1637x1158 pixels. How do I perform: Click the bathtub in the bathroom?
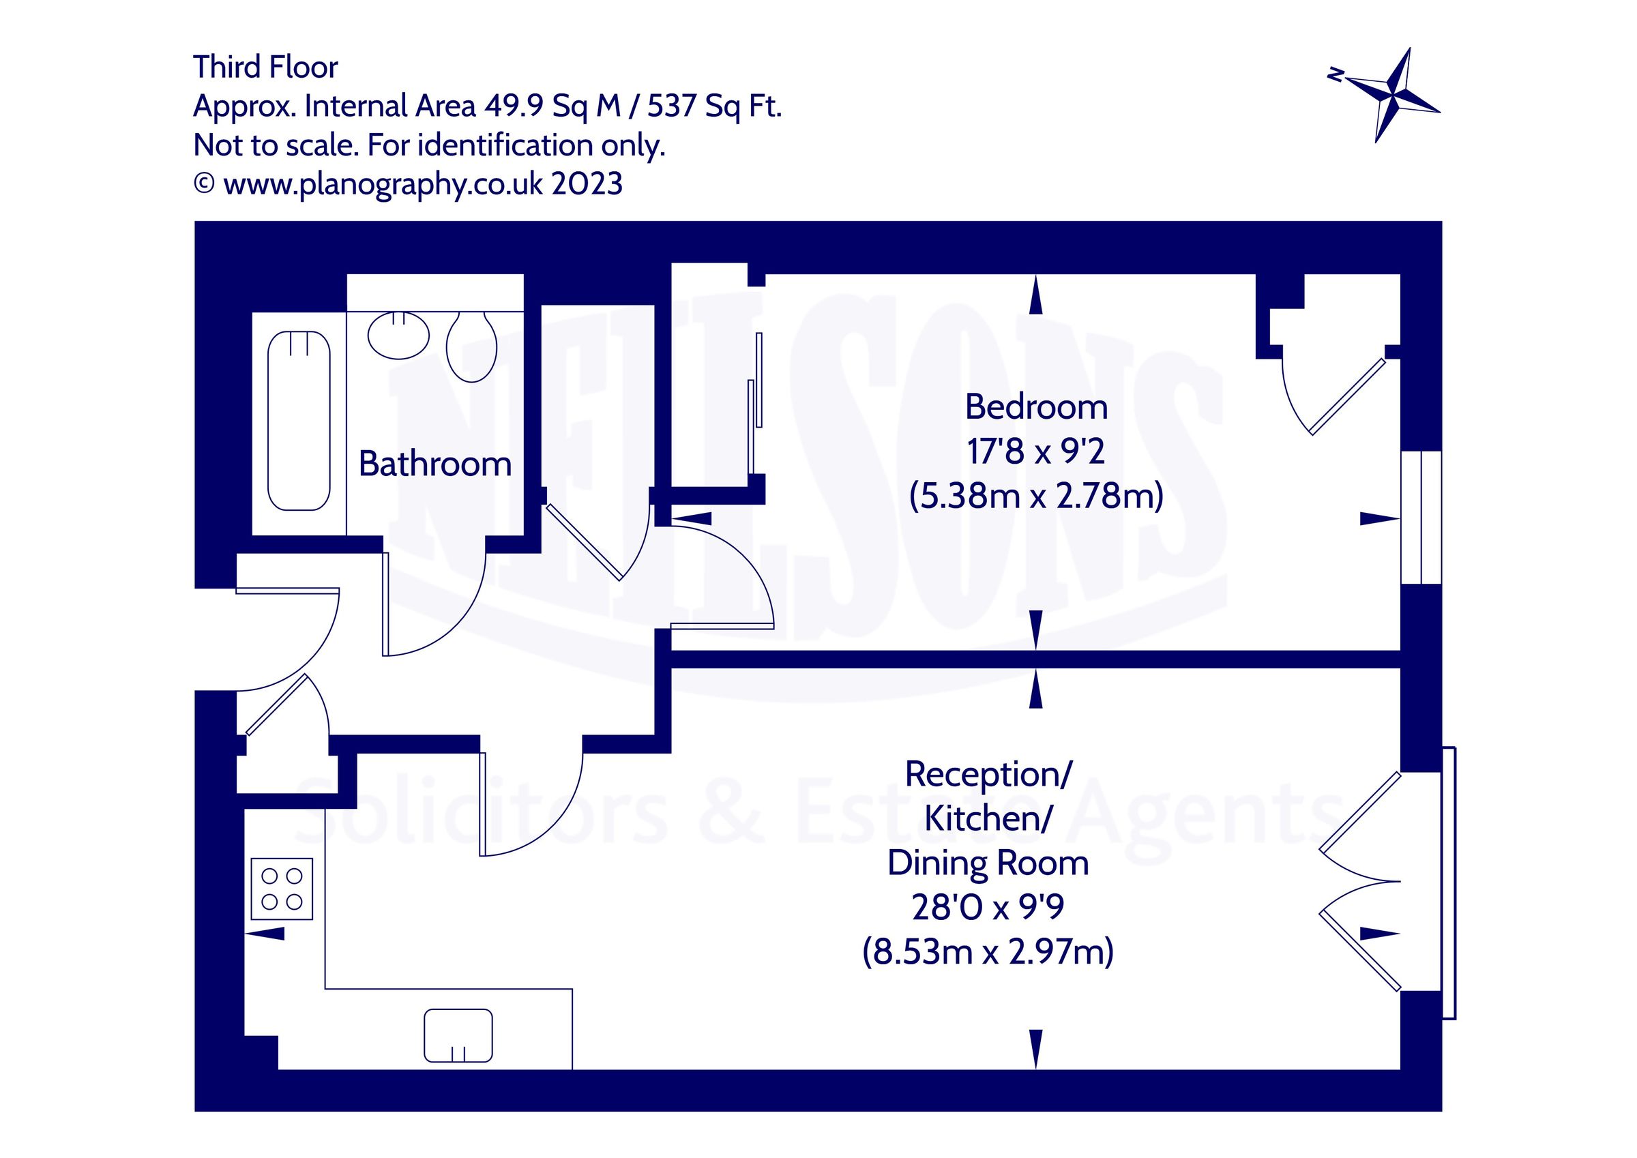[299, 421]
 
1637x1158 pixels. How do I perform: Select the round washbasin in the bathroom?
[398, 335]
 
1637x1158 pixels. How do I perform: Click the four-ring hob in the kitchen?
[282, 889]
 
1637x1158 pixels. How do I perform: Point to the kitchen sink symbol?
[458, 1035]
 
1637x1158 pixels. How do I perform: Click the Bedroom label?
[1036, 407]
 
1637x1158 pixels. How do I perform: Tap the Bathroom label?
[435, 464]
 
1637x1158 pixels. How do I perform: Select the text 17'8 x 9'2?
[1036, 451]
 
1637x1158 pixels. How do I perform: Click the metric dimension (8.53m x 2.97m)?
[988, 952]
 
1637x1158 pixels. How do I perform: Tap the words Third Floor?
[265, 67]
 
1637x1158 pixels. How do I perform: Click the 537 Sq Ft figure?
[714, 106]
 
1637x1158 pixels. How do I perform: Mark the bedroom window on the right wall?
[1421, 518]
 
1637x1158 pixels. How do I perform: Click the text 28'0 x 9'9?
[988, 907]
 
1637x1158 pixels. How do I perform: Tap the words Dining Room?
[988, 863]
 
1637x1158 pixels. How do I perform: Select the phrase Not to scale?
[275, 145]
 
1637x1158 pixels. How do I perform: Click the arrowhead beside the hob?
[267, 934]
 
